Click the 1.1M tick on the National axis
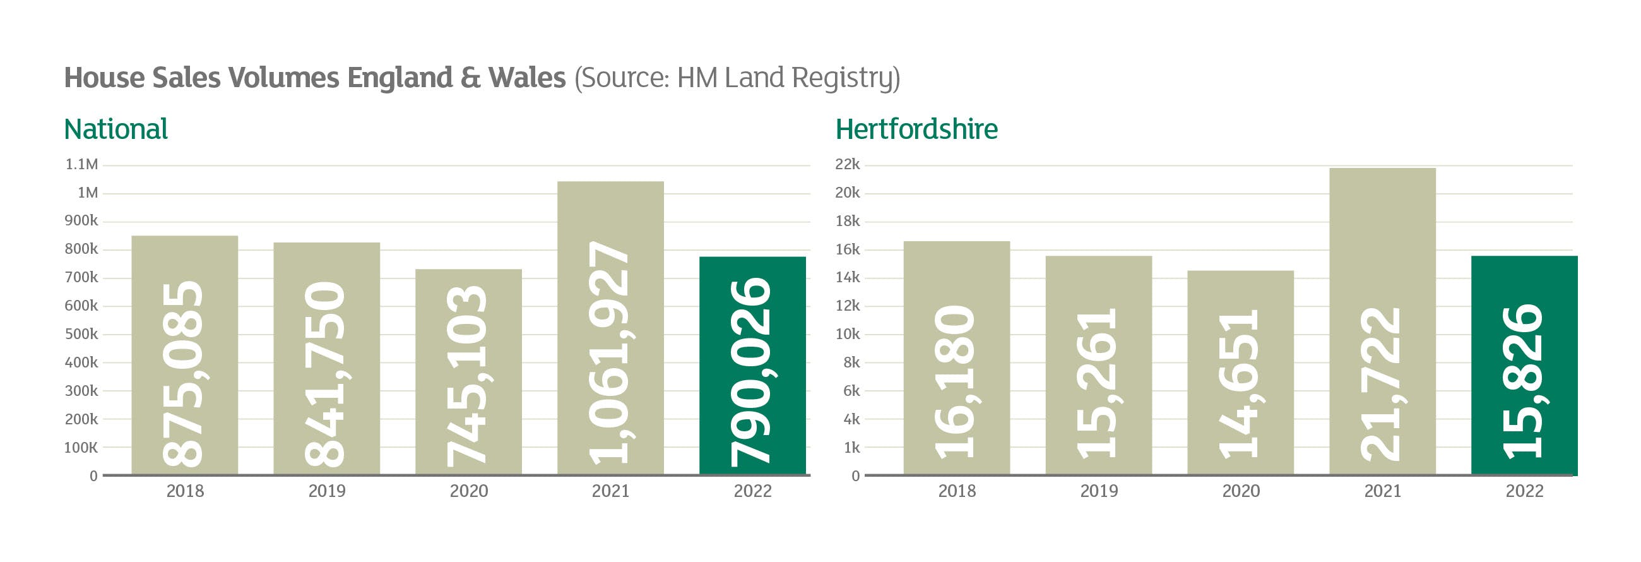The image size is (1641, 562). pyautogui.click(x=81, y=164)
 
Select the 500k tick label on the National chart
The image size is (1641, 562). pyautogui.click(x=81, y=334)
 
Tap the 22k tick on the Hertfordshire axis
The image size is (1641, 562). pyautogui.click(x=847, y=164)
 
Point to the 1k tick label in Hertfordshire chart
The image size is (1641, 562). pyautogui.click(x=851, y=447)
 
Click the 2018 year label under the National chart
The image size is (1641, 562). pyautogui.click(x=185, y=491)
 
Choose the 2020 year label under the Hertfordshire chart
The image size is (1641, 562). pyautogui.click(x=1240, y=491)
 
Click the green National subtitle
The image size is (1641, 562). pyautogui.click(x=116, y=129)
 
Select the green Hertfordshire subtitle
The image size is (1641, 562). pyautogui.click(x=916, y=129)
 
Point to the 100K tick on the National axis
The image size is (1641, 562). pyautogui.click(x=81, y=447)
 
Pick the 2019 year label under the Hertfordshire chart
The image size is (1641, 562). pyautogui.click(x=1098, y=491)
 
